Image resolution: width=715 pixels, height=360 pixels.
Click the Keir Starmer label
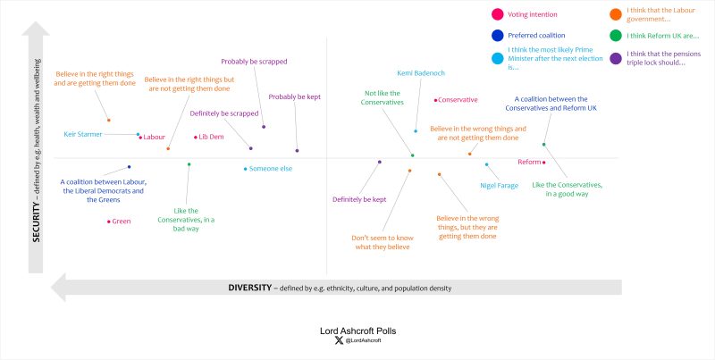coord(83,134)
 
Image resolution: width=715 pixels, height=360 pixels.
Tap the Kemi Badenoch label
coord(419,72)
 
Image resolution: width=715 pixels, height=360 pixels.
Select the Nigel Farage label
coord(499,185)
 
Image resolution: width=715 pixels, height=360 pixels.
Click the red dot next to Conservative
coord(436,100)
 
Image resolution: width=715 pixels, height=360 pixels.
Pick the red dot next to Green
coord(109,221)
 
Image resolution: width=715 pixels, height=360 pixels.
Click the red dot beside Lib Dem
coord(196,137)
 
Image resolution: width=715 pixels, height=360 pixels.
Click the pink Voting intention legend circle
coord(496,13)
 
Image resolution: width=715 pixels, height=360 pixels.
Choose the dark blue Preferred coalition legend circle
coord(496,36)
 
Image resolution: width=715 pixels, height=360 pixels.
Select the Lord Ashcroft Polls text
coord(357,331)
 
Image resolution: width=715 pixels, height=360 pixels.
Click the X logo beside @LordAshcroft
coord(337,340)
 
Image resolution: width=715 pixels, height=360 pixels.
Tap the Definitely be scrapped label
coord(223,113)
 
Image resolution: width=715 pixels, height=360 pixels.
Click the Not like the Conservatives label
coord(383,97)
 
